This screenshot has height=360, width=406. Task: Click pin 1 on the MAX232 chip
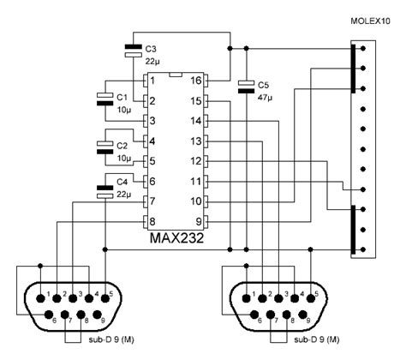click(x=151, y=81)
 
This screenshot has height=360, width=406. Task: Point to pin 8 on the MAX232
click(x=151, y=220)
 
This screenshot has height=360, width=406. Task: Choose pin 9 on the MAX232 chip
click(x=195, y=220)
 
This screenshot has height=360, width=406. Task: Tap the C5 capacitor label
click(x=264, y=85)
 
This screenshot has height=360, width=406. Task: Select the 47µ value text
click(x=266, y=98)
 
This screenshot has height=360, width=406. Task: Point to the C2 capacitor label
click(x=122, y=146)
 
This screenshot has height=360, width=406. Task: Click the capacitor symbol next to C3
click(x=132, y=49)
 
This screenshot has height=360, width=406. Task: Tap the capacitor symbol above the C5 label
click(x=247, y=84)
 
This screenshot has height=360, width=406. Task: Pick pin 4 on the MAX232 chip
click(x=151, y=141)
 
